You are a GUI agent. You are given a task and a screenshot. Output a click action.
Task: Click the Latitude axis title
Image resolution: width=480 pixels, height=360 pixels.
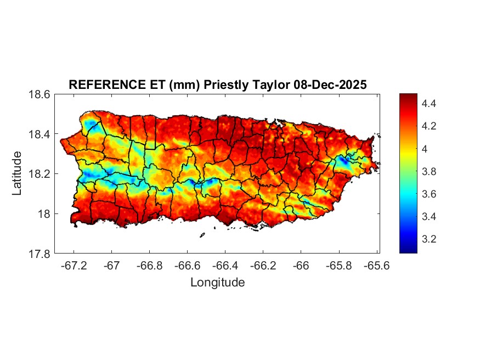coord(17,173)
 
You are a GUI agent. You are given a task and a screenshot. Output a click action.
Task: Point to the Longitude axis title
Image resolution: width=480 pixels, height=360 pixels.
coord(217,283)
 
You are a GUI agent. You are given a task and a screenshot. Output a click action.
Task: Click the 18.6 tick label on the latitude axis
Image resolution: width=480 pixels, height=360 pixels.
coord(39,94)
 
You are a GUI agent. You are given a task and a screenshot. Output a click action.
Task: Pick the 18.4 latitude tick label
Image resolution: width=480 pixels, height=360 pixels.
coord(39,134)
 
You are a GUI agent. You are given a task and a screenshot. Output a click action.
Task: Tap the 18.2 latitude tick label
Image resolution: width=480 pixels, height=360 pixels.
coord(39,174)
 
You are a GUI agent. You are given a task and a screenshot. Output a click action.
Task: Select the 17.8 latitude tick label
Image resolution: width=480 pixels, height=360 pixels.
coord(39,254)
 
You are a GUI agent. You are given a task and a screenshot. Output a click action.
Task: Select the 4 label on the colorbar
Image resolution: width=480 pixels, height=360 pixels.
coord(425,149)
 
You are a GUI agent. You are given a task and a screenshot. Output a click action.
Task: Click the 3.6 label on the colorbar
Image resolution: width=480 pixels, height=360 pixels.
coord(429,194)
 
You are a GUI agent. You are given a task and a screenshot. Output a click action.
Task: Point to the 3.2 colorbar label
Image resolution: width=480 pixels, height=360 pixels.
coord(429,239)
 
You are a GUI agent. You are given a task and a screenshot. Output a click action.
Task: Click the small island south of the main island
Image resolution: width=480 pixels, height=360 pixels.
coord(202,235)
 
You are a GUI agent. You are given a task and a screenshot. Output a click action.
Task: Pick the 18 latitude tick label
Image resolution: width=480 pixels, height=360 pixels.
coord(44,214)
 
